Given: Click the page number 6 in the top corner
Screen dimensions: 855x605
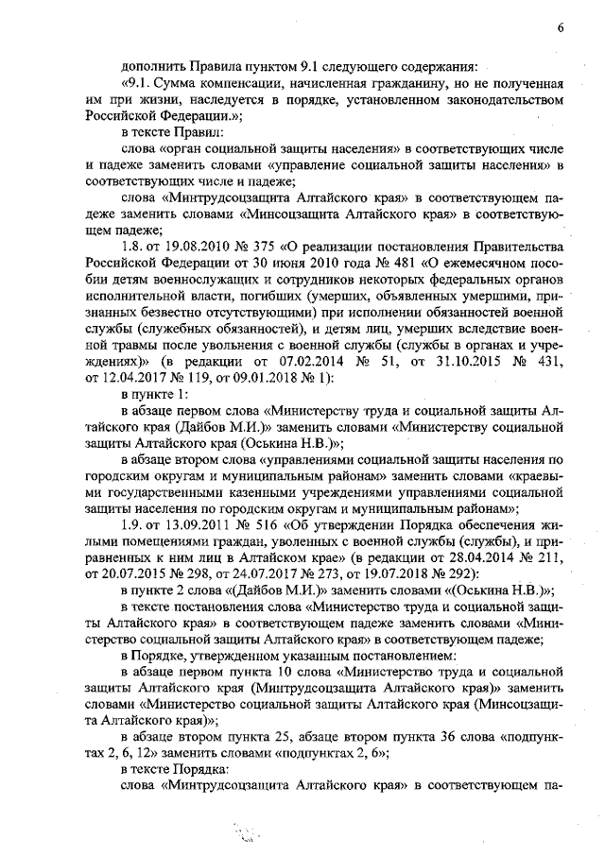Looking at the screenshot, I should click(x=560, y=27).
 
